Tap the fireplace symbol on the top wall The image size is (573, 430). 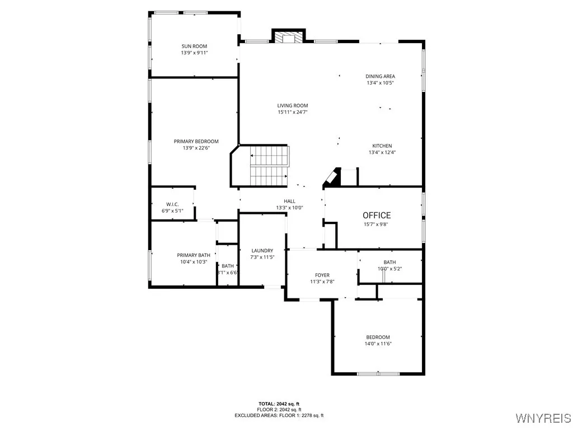coord(288,37)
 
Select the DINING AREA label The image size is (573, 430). coord(380,76)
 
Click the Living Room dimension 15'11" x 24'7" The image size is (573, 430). coord(293,112)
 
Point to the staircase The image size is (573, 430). coord(269,165)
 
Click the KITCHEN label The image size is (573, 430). coord(382,146)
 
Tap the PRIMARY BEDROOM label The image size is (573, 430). coord(196,141)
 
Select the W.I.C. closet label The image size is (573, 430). coord(172,204)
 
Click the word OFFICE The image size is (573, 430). coord(377,215)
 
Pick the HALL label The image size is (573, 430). coord(289,201)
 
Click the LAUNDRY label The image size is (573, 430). coord(262,250)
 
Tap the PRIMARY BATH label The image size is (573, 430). coord(193,255)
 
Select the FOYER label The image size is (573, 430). coord(322,275)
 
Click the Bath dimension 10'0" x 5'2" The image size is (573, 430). coord(389,269)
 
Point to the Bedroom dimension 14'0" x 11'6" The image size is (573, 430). coord(378,344)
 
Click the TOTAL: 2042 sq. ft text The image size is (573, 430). coord(279,403)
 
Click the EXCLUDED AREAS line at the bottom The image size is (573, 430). coord(279,415)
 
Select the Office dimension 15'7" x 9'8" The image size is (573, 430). coord(377,224)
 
